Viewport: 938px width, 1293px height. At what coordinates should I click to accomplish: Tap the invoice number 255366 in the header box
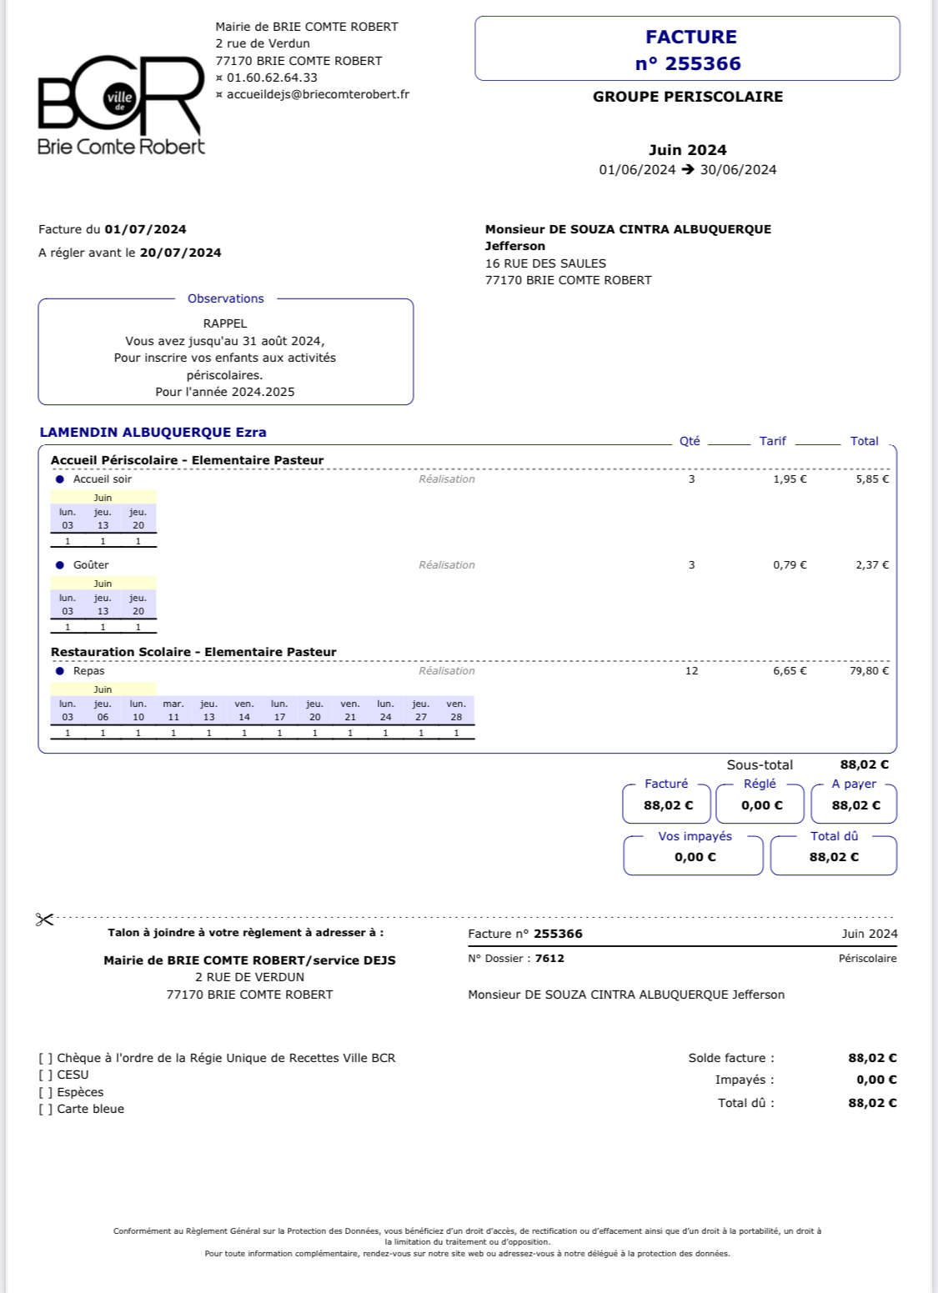tap(688, 63)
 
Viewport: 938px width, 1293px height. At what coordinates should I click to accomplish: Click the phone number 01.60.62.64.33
tap(272, 78)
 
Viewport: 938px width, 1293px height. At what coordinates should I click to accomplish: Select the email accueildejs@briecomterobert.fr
tap(318, 94)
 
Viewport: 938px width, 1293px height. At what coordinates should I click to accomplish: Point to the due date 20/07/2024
tap(180, 253)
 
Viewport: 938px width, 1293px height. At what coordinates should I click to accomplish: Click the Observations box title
tap(225, 298)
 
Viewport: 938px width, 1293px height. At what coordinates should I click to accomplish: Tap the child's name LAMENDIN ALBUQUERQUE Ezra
tap(153, 432)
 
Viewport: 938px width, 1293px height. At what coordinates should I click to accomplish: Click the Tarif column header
tap(772, 441)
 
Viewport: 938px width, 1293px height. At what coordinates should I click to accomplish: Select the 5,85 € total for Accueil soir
tap(872, 479)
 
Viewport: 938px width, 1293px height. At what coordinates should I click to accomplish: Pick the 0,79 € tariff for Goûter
tap(790, 565)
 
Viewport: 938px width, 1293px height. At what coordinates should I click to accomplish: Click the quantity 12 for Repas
tap(691, 671)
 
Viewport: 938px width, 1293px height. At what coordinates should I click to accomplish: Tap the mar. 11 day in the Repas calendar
tap(173, 710)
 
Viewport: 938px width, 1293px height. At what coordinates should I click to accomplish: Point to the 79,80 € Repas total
tap(869, 671)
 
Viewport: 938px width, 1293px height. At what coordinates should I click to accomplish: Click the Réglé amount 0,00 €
tap(761, 805)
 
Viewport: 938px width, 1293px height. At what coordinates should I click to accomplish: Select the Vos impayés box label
tap(695, 836)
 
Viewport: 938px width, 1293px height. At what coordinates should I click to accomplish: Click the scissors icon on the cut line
tap(44, 920)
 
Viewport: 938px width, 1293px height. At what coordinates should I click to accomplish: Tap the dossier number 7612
tap(549, 959)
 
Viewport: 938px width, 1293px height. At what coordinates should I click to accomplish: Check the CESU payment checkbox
tap(45, 1075)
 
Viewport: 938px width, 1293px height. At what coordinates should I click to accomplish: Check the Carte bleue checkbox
tap(45, 1110)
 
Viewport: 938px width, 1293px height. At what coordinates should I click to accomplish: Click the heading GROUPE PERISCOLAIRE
tap(688, 97)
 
